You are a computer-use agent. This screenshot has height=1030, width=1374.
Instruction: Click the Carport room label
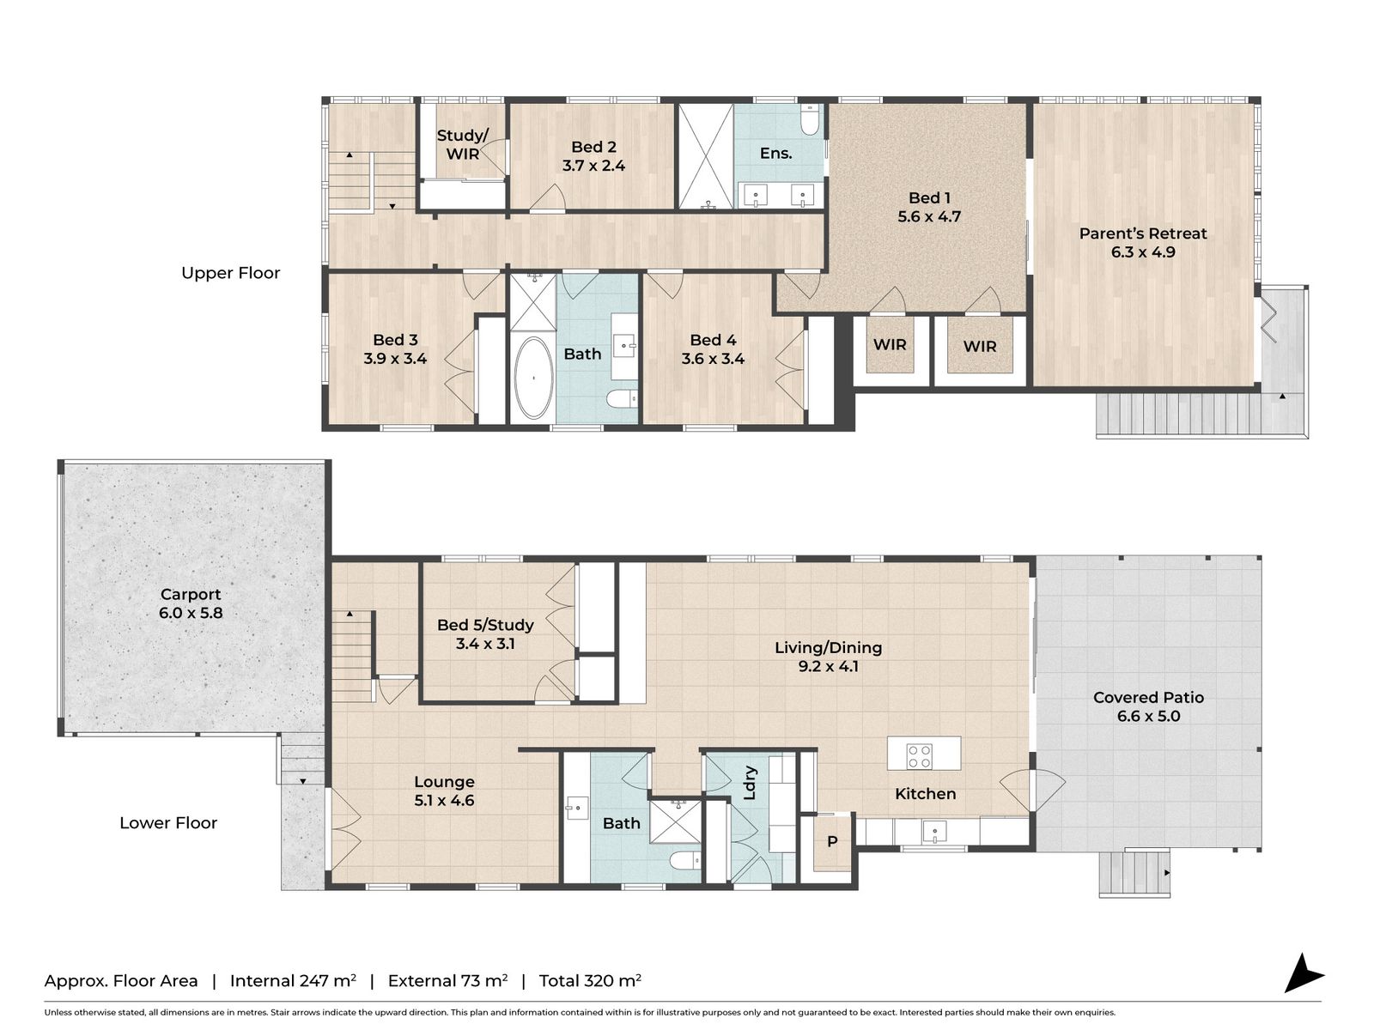point(191,594)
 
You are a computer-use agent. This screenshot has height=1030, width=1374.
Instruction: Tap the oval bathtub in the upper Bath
point(533,378)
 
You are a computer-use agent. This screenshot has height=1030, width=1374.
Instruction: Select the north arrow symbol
point(1302,973)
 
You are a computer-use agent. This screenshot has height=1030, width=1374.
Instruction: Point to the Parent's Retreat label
point(1142,233)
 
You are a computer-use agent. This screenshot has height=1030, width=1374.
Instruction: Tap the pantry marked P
point(831,842)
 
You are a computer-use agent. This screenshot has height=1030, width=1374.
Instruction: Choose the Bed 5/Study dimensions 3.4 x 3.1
point(485,644)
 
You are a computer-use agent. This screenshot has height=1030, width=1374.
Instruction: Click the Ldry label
point(750,782)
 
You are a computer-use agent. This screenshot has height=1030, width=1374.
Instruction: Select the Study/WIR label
point(462,144)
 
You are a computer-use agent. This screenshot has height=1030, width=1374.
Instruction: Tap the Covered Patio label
point(1148,697)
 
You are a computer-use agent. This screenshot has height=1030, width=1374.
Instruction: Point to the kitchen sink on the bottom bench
point(933,831)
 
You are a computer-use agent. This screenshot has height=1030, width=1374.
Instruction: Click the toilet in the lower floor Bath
point(684,861)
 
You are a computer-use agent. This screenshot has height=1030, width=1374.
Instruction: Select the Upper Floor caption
point(230,273)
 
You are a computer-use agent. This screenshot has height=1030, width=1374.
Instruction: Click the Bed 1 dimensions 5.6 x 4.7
point(929,217)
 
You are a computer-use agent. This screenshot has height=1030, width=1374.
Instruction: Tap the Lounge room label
point(444,782)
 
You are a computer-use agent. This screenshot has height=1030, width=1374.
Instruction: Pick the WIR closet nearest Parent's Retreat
point(979,347)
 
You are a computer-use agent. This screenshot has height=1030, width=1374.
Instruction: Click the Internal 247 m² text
point(293,981)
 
